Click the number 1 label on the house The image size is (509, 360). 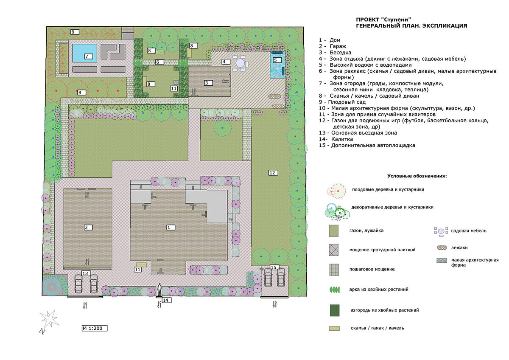coord(171,227)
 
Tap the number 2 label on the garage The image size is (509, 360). coord(88,227)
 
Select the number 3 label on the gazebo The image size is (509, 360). coord(208,83)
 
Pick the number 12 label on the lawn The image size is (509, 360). coord(273,173)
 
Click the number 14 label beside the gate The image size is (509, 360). coord(167,300)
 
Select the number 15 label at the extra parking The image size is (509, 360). coord(274,267)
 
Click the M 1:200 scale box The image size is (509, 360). coord(95,328)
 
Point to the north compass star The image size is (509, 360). coord(49,319)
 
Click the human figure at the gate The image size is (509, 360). coord(159,290)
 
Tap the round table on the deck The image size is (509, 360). coord(240,63)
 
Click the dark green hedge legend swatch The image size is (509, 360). coord(335,310)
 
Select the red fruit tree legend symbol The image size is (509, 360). coord(336,191)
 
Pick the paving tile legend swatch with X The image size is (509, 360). coord(334,250)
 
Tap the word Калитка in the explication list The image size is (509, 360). coord(342,139)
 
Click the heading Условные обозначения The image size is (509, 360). coord(417,176)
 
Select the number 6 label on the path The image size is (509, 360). coord(159,62)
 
